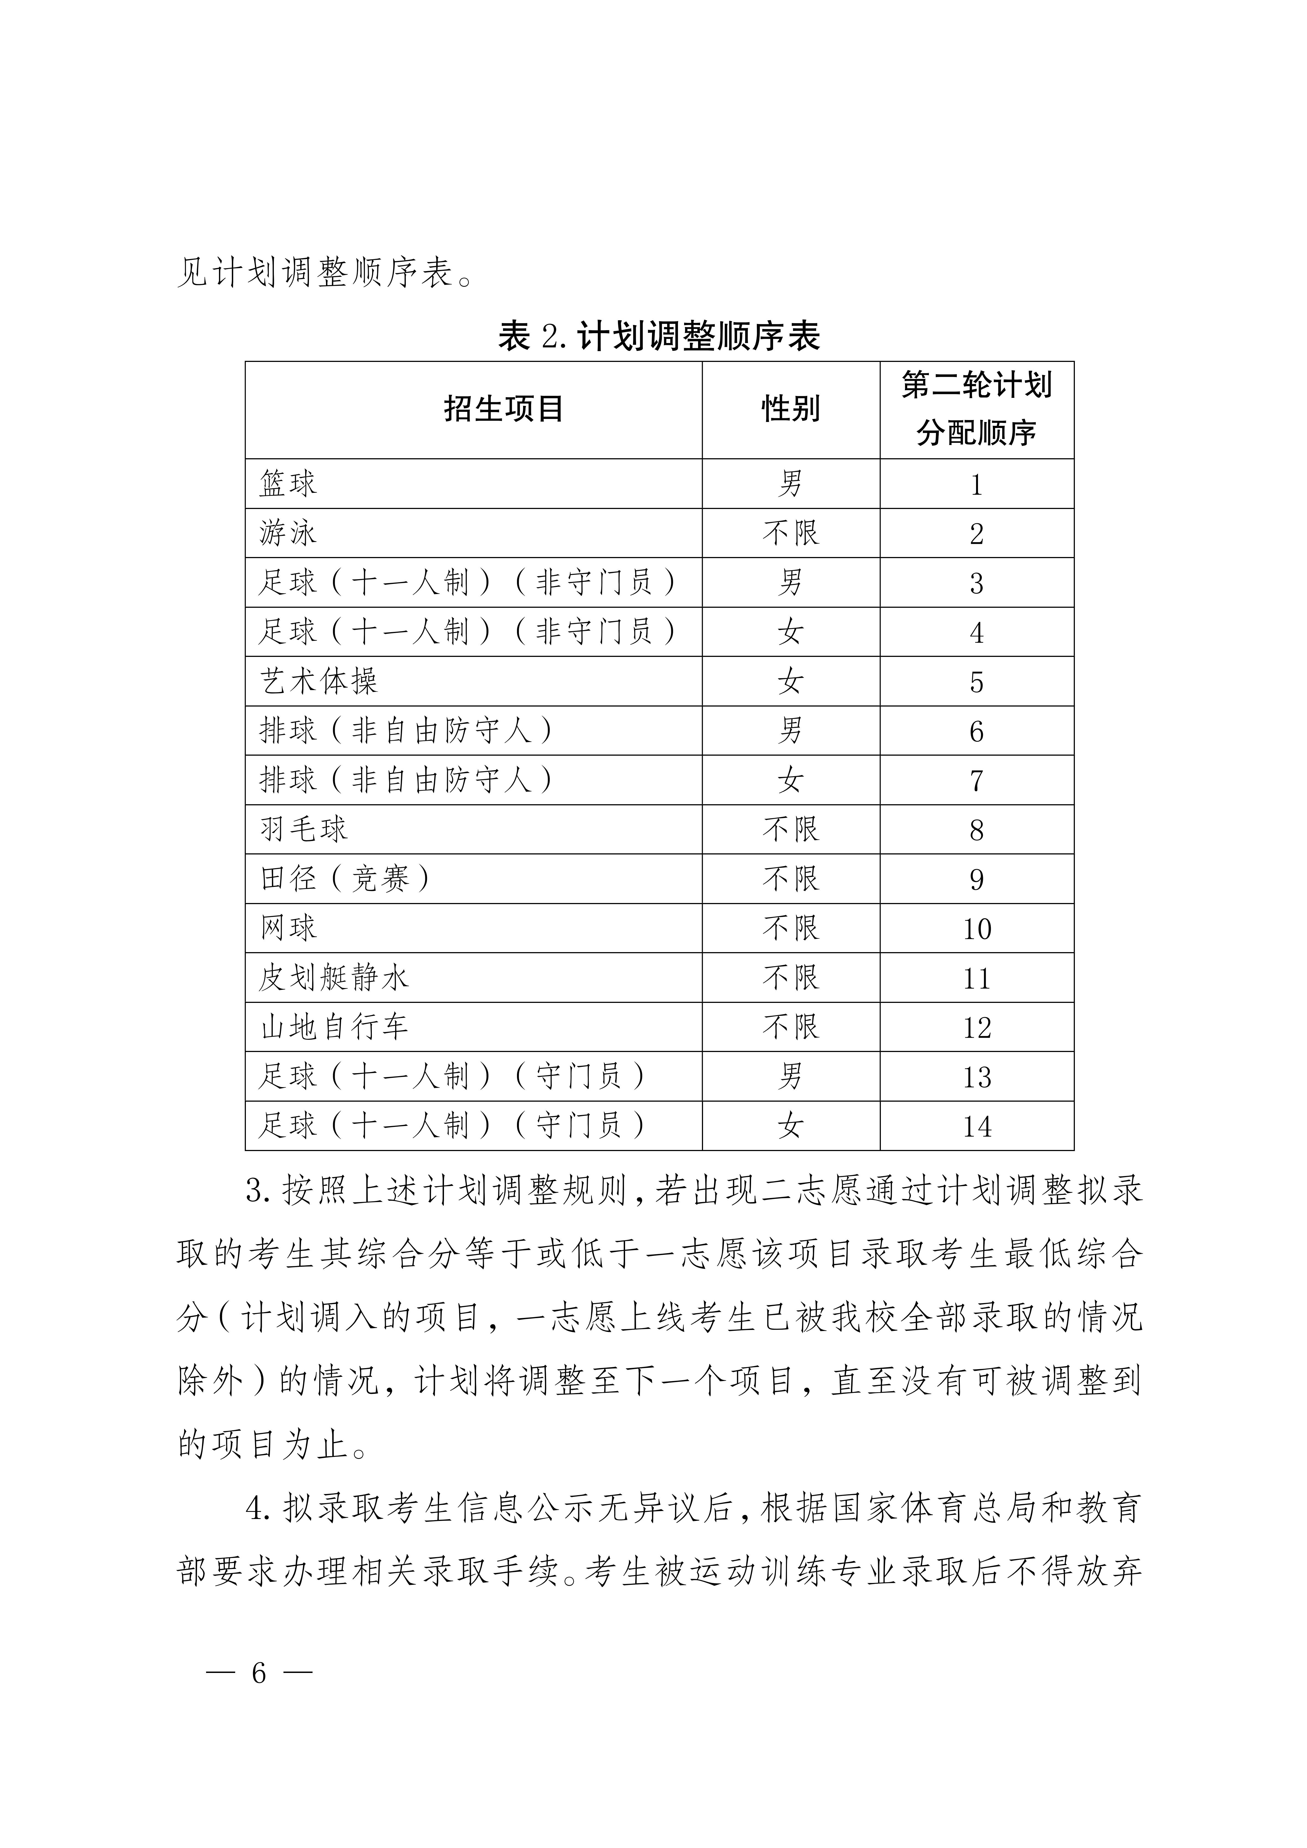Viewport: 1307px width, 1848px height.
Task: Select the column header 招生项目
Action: point(503,409)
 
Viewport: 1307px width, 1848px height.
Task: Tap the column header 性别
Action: point(790,409)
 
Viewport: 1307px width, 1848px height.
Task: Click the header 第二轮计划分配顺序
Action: point(976,409)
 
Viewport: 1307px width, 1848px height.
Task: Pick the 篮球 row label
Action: point(288,484)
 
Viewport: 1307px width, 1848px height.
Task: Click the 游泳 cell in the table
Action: point(288,533)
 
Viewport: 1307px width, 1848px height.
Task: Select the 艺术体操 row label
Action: point(319,681)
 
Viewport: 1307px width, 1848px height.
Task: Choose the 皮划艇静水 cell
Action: point(334,977)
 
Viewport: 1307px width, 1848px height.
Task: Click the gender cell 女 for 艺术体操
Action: point(790,681)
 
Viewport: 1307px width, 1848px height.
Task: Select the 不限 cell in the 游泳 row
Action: point(790,533)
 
